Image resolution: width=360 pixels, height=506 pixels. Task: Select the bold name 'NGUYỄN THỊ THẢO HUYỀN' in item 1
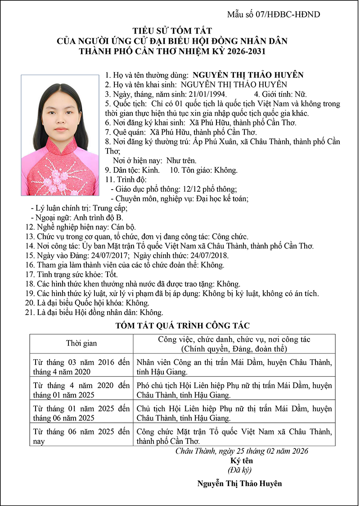coord(248,75)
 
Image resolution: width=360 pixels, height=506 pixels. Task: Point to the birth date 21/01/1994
coord(208,94)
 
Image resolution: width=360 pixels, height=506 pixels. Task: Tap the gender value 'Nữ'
coord(300,94)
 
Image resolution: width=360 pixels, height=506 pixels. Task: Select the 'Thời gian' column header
coord(81,343)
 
